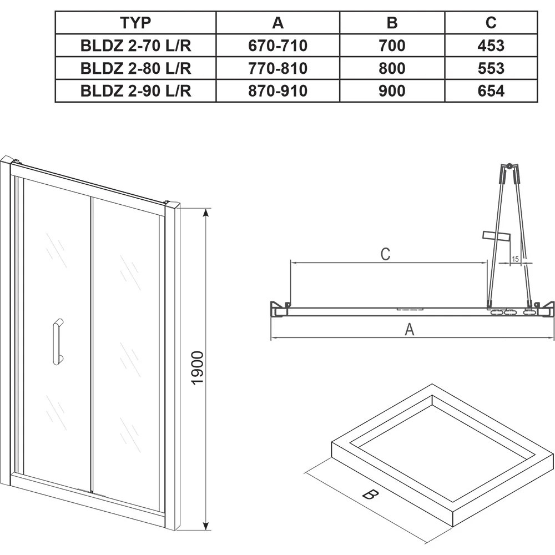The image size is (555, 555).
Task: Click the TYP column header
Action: (135, 23)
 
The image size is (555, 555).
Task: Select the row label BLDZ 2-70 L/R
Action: (135, 46)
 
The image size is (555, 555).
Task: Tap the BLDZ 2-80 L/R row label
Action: (135, 68)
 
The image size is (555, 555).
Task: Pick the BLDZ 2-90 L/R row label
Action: (135, 91)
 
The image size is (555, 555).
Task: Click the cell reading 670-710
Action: (278, 46)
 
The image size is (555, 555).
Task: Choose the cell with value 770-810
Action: (278, 68)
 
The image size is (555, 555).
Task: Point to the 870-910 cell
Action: (278, 91)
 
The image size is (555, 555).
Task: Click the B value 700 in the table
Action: (392, 46)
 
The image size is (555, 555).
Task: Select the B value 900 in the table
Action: (392, 91)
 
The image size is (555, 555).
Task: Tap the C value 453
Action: (491, 46)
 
